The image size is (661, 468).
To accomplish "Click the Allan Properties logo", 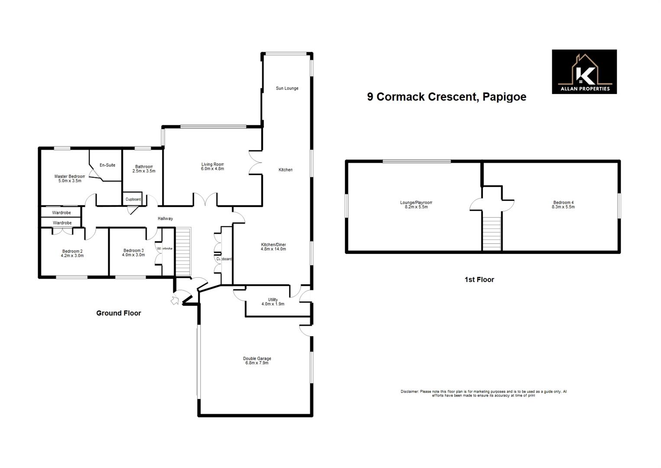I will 584,71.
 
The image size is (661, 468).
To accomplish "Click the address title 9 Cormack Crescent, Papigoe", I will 447,97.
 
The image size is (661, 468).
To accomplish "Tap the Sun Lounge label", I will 287,88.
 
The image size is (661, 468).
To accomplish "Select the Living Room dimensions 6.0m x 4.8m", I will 212,169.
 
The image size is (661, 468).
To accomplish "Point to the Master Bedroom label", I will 70,176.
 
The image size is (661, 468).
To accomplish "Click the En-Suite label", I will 107,165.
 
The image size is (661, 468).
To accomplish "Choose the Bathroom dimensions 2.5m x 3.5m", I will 144,171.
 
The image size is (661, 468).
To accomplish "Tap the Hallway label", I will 165,219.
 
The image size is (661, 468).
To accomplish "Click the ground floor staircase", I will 183,252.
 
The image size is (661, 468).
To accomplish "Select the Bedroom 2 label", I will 72,251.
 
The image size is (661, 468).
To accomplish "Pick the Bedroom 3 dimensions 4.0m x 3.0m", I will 133,255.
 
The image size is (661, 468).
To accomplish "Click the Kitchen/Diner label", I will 273,245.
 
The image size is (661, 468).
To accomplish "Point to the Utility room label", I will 273,300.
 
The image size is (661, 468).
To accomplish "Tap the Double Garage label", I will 257,359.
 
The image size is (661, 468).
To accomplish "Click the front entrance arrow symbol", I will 175,300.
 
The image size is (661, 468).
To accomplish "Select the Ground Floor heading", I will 119,313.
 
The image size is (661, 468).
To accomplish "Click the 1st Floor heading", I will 479,280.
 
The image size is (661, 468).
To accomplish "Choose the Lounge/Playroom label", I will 416,202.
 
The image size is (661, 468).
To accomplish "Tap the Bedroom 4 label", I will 563,202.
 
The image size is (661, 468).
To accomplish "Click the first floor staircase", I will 492,234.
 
